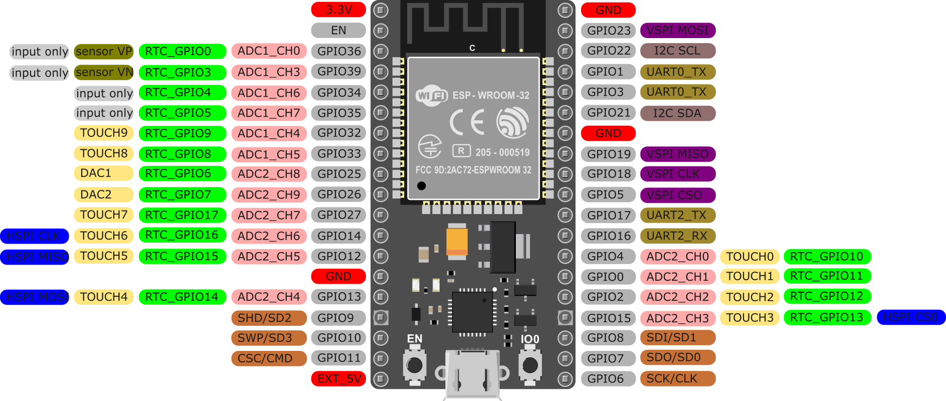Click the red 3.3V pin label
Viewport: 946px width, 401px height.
pyautogui.click(x=338, y=10)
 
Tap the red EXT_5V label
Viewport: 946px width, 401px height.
pyautogui.click(x=338, y=379)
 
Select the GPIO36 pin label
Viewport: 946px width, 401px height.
pyautogui.click(x=338, y=51)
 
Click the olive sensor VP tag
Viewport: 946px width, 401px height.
pyautogui.click(x=104, y=51)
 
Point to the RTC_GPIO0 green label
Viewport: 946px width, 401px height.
pyautogui.click(x=182, y=51)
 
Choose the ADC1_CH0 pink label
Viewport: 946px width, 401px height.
pyautogui.click(x=269, y=51)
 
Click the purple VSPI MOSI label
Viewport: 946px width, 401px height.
pyautogui.click(x=677, y=31)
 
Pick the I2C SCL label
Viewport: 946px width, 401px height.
pyautogui.click(x=677, y=51)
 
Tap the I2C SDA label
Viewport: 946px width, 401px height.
pyautogui.click(x=677, y=113)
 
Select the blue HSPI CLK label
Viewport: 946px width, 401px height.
pyautogui.click(x=34, y=236)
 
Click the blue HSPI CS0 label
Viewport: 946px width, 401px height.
pyautogui.click(x=910, y=317)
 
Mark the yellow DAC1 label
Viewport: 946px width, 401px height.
pyautogui.click(x=104, y=173)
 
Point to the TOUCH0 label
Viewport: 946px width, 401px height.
pyautogui.click(x=749, y=257)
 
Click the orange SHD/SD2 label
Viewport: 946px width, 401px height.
pyautogui.click(x=269, y=318)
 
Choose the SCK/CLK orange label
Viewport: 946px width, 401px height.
pyautogui.click(x=677, y=379)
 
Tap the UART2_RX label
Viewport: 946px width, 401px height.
pyautogui.click(x=677, y=236)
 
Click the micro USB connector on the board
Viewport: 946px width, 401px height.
pyautogui.click(x=472, y=373)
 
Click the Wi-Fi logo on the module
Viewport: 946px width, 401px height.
pyautogui.click(x=431, y=95)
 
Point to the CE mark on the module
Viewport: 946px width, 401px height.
pyautogui.click(x=467, y=122)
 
